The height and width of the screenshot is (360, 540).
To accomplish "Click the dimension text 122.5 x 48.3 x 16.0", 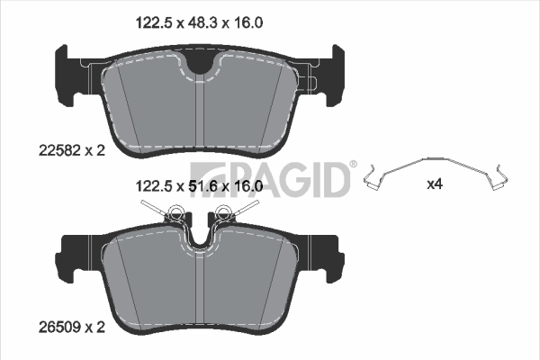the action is click(x=199, y=23).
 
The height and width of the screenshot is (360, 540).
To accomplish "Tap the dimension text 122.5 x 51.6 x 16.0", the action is click(x=199, y=186).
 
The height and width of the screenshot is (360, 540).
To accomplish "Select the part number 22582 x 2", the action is click(x=72, y=150).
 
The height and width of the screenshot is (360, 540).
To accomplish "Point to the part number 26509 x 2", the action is click(x=72, y=328).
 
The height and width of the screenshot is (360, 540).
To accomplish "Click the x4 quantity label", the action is click(x=435, y=184).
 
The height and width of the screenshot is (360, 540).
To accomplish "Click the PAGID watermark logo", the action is click(x=270, y=179).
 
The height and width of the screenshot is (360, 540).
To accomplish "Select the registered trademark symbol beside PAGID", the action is click(x=354, y=164).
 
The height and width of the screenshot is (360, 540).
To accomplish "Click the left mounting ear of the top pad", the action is click(x=66, y=75).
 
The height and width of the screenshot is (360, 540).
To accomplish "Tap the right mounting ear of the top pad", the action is click(x=335, y=75).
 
